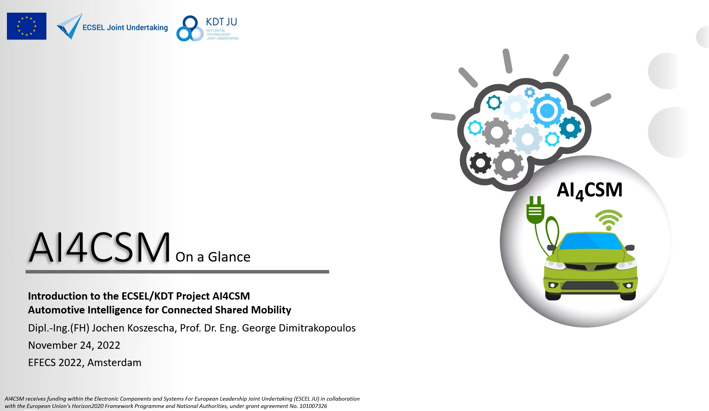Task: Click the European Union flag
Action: [27, 26]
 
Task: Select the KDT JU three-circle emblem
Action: [190, 28]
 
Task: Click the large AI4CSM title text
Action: [100, 248]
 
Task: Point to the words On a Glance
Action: [213, 257]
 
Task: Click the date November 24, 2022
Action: [74, 345]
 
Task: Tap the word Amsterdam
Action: [114, 363]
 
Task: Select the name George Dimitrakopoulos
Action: [299, 328]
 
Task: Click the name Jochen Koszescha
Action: [134, 328]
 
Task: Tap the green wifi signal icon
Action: [609, 220]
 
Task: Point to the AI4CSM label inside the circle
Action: [589, 191]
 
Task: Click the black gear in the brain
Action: [480, 163]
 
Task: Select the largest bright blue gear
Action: [547, 111]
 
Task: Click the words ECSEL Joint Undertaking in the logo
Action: [125, 27]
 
